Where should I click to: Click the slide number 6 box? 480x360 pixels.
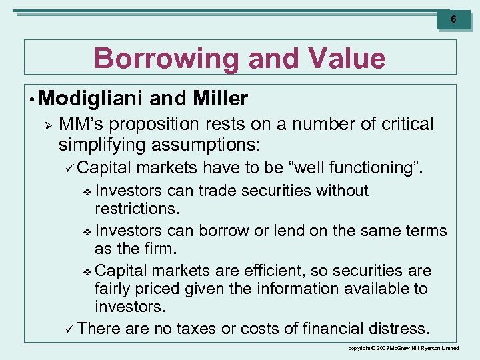(x=453, y=19)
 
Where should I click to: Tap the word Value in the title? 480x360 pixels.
(x=347, y=59)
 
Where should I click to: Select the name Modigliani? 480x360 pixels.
(x=91, y=99)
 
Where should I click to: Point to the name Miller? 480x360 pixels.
(x=220, y=99)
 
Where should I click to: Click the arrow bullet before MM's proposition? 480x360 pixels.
(x=46, y=125)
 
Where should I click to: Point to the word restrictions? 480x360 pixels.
(x=137, y=208)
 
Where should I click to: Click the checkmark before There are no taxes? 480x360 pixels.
(x=71, y=329)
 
